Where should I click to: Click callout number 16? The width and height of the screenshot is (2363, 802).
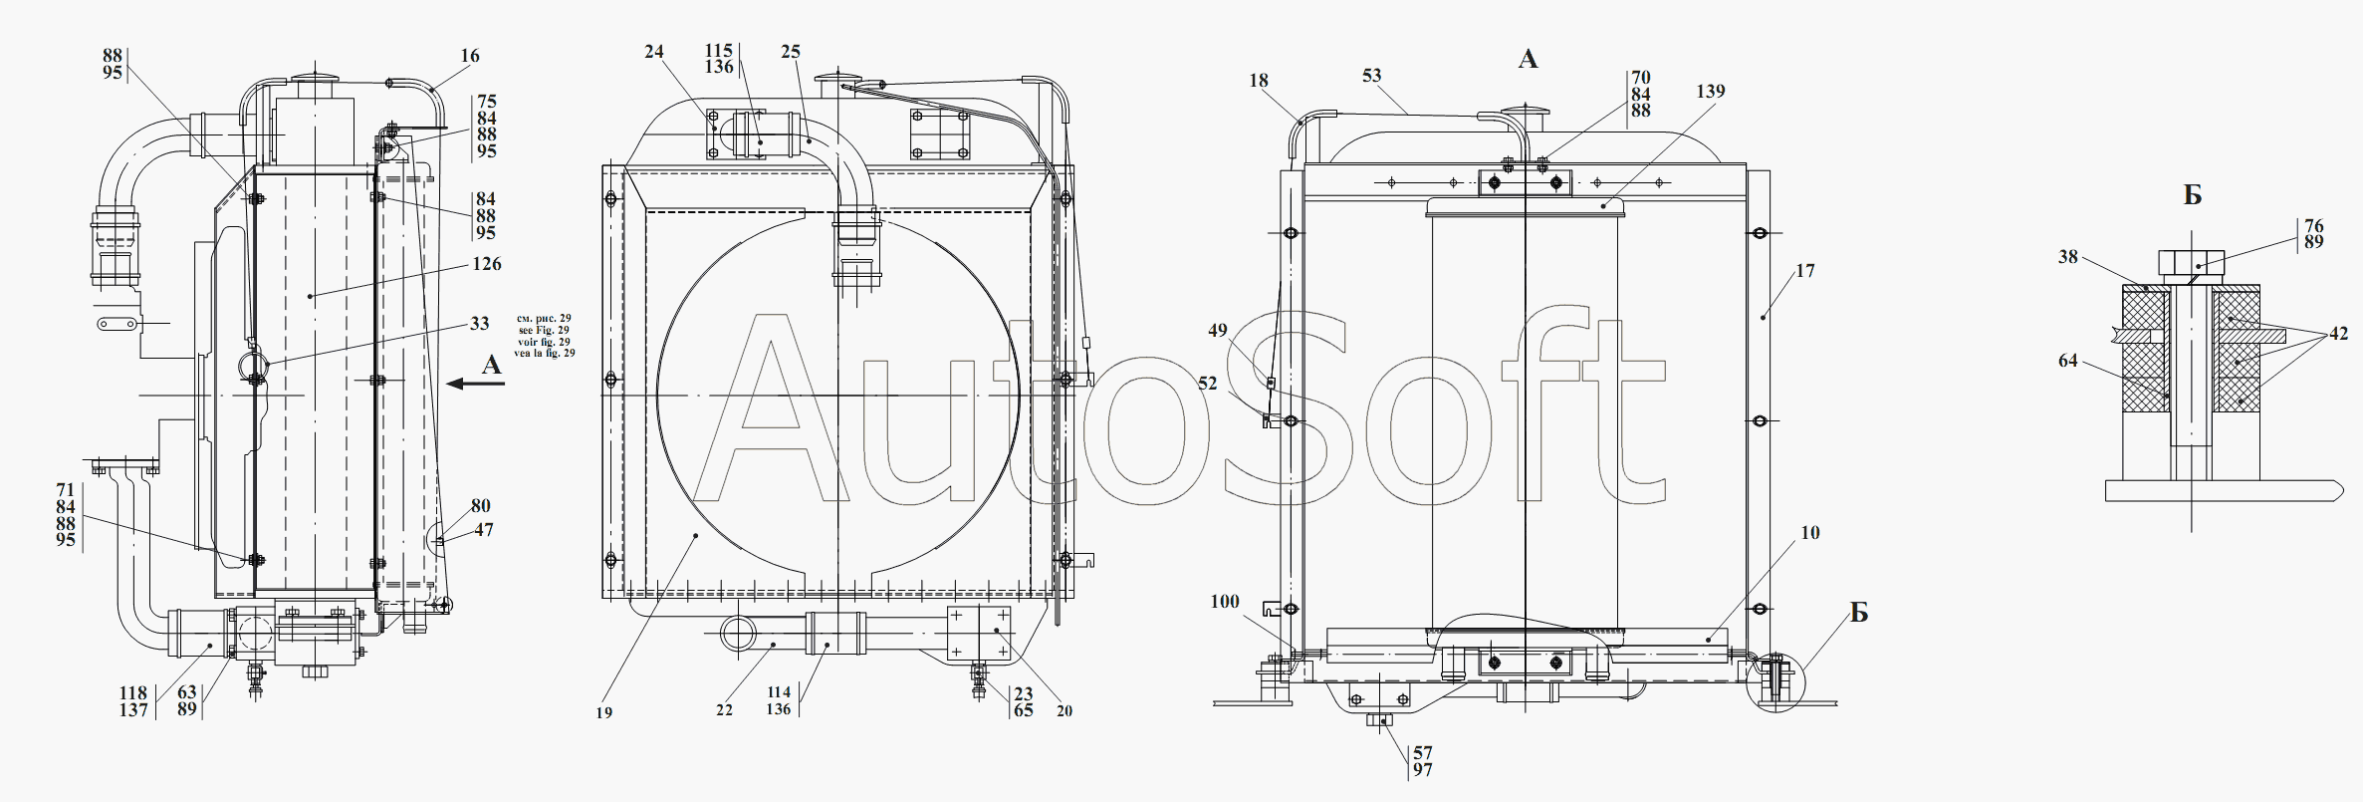click(470, 56)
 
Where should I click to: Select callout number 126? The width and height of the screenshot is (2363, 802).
click(487, 264)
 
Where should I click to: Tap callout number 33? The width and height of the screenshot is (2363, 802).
click(480, 324)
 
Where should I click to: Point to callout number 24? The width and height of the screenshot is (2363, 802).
click(653, 52)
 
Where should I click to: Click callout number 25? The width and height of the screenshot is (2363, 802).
click(791, 52)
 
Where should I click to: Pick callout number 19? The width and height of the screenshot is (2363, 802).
click(604, 712)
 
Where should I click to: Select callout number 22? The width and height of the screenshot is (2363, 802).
click(724, 710)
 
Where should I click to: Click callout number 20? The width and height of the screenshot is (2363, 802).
click(1064, 710)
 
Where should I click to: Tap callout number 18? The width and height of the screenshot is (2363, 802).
click(1259, 81)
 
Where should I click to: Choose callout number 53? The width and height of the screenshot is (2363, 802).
click(1372, 76)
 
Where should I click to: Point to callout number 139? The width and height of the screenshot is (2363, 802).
click(1711, 92)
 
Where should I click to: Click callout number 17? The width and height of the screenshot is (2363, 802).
click(1805, 271)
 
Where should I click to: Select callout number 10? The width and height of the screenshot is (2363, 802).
click(1810, 533)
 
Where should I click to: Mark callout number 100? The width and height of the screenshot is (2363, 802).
click(1225, 602)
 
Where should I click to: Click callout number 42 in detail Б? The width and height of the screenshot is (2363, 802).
click(2339, 335)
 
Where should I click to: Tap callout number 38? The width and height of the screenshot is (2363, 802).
click(2068, 257)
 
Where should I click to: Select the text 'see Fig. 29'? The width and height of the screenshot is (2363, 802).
click(544, 330)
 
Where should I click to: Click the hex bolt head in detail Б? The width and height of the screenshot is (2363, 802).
click(2192, 262)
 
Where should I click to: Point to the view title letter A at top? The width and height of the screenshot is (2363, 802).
click(1528, 60)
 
